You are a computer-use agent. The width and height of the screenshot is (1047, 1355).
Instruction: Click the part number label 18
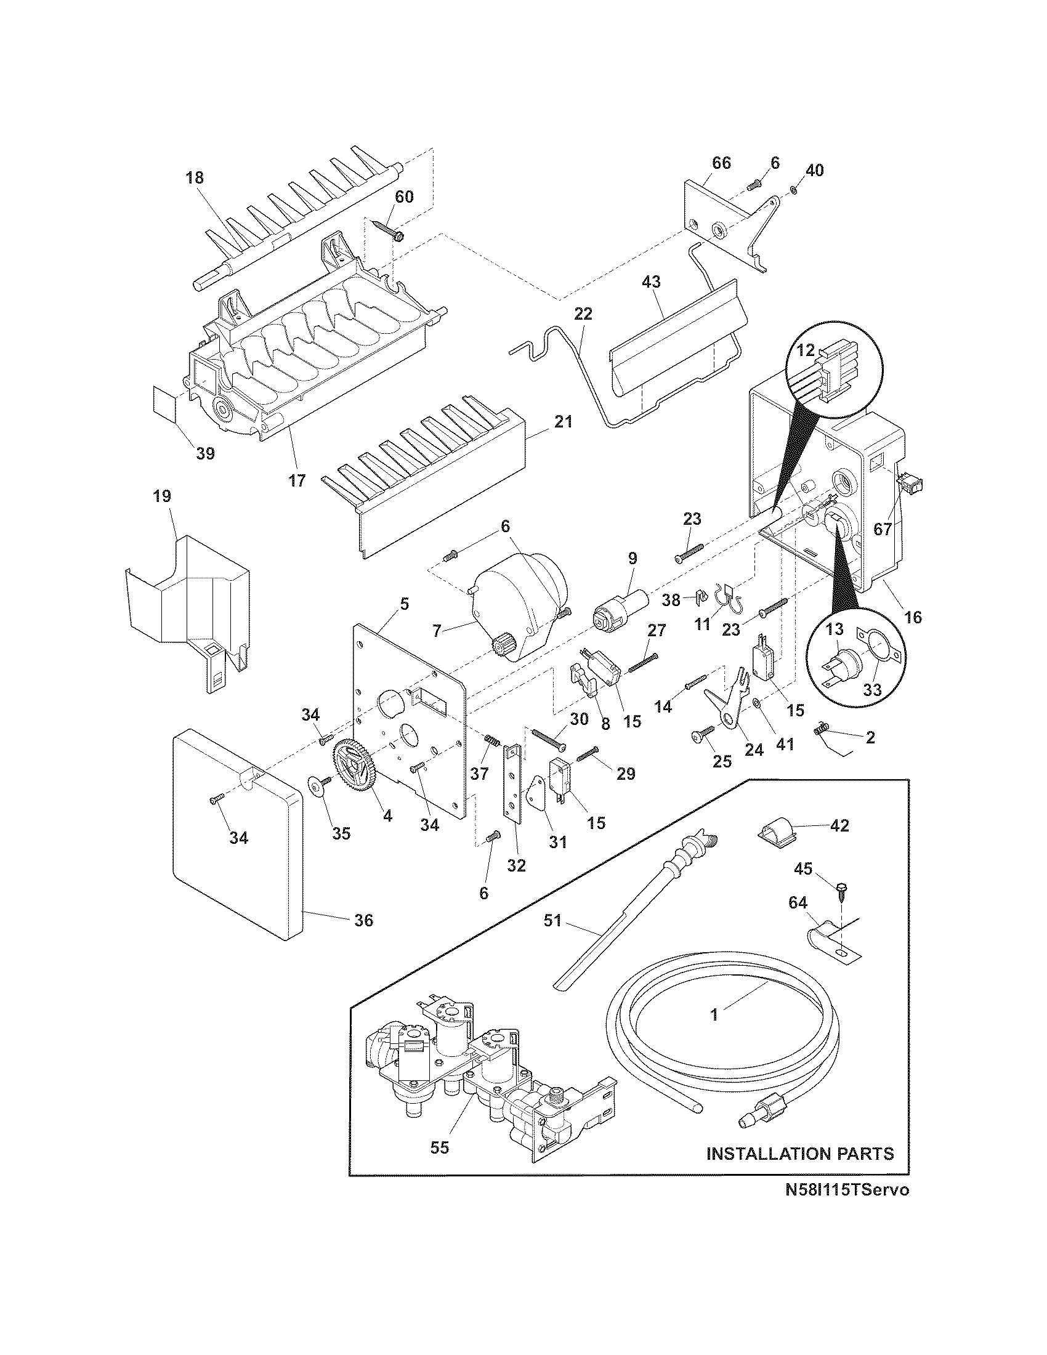(194, 178)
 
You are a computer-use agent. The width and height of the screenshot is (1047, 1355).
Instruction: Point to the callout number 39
(205, 453)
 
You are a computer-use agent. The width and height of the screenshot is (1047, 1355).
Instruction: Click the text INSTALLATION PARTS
(800, 1154)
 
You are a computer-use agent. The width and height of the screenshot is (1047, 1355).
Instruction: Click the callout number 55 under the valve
(439, 1148)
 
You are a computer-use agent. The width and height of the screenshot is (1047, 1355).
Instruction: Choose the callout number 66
(721, 163)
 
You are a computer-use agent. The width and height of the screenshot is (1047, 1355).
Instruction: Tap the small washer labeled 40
(795, 189)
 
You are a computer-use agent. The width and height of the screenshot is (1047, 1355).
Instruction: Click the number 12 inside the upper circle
(805, 350)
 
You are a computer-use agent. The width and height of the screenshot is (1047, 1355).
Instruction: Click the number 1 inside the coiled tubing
(714, 1014)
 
